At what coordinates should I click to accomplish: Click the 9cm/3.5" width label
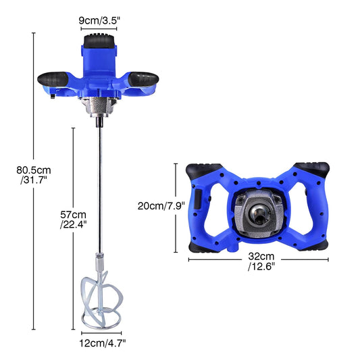(100, 20)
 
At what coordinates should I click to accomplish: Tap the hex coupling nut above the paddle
(101, 258)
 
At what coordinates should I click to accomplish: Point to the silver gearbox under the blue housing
(100, 105)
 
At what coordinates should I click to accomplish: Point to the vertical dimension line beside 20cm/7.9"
(176, 207)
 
